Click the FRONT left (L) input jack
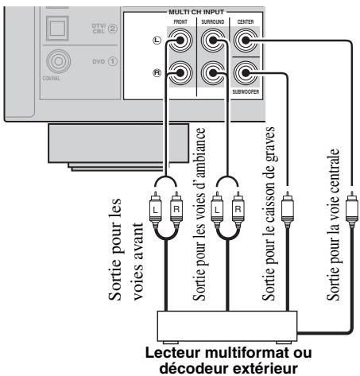[x=180, y=41]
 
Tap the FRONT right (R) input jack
[x=180, y=73]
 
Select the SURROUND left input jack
[x=213, y=41]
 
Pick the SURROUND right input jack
[x=213, y=73]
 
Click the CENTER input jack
[x=246, y=41]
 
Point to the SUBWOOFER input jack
[x=246, y=73]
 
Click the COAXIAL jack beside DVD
[x=58, y=61]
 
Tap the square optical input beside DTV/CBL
[x=57, y=28]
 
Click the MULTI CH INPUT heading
[x=196, y=12]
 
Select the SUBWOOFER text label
[x=246, y=91]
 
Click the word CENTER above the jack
[x=246, y=21]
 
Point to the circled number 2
[x=113, y=29]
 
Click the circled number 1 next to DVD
[x=113, y=61]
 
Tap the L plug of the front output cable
[x=156, y=209]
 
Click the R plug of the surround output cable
[x=238, y=209]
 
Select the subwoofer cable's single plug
[x=287, y=209]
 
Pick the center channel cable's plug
[x=352, y=209]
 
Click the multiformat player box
[x=227, y=326]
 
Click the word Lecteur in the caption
[x=173, y=353]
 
